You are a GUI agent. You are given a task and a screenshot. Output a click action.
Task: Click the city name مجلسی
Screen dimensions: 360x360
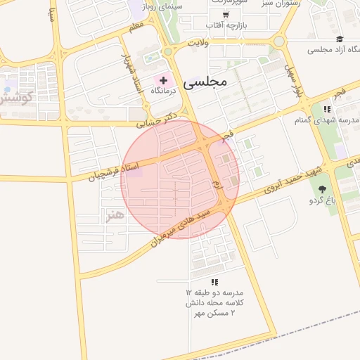pyautogui.click(x=205, y=82)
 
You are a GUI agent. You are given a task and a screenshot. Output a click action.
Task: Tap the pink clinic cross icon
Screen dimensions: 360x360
pyautogui.click(x=164, y=82)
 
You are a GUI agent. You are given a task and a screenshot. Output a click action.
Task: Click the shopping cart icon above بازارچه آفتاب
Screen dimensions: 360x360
pyautogui.click(x=225, y=15)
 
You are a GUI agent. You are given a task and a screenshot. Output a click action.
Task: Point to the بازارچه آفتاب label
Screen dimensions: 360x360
pyautogui.click(x=224, y=26)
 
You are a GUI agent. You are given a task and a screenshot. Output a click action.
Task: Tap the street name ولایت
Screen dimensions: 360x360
pyautogui.click(x=199, y=44)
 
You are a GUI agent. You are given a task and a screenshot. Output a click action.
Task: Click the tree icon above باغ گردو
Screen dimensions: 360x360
pyautogui.click(x=323, y=189)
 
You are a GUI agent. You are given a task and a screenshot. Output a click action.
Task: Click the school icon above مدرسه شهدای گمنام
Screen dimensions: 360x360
pyautogui.click(x=326, y=109)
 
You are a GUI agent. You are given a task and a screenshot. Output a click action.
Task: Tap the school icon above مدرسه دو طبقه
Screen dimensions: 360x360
pyautogui.click(x=214, y=282)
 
